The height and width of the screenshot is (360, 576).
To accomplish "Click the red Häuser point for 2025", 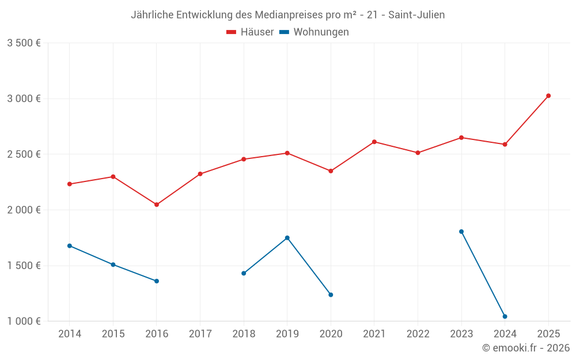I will [548, 96].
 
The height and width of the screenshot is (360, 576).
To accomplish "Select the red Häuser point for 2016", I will [157, 204].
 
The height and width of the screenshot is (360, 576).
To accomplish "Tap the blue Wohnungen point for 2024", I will [505, 316].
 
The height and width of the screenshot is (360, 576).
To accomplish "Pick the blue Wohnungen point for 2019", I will [287, 238].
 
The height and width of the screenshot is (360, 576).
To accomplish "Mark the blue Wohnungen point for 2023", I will [461, 232].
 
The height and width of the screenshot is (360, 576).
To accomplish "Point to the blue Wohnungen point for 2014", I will [70, 246].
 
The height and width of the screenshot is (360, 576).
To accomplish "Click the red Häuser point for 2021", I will [374, 142].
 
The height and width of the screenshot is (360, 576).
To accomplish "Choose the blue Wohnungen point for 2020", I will [331, 295].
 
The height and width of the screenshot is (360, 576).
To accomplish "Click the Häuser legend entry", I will [250, 32].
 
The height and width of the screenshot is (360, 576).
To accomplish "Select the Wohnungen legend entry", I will [314, 32].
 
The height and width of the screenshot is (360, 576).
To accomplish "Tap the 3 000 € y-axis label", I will [24, 98].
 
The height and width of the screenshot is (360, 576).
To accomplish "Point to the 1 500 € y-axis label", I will [24, 266].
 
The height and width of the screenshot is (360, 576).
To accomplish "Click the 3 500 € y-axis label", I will [24, 43].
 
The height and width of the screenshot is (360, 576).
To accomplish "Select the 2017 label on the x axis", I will [200, 334].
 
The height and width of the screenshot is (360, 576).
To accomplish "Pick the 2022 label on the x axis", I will [418, 334].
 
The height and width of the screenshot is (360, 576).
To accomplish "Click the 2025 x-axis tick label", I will [548, 334].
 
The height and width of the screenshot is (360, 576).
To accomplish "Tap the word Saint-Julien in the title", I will [416, 15].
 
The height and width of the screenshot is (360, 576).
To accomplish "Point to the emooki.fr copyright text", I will [526, 348].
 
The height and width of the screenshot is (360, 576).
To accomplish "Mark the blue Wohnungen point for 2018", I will [244, 273].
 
